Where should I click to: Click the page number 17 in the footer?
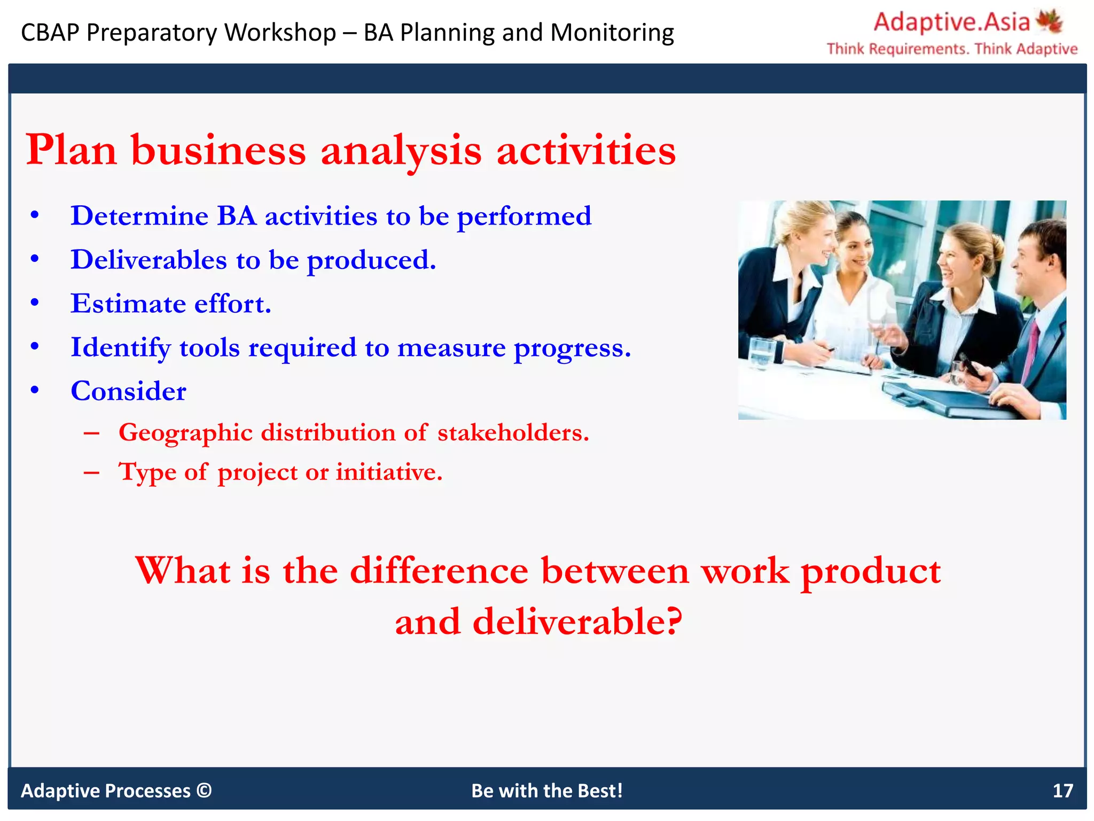pos(1062,791)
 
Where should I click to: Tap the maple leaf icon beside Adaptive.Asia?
pos(1049,21)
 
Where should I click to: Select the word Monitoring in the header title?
pos(612,33)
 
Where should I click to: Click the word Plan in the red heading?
pos(71,150)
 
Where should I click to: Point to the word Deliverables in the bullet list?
pos(149,260)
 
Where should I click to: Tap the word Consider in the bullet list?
pos(128,391)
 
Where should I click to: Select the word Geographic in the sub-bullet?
pos(185,433)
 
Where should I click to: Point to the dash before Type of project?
pos(91,473)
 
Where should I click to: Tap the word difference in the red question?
pos(439,571)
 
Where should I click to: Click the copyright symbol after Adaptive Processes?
pos(204,790)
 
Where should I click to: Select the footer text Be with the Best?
pos(546,791)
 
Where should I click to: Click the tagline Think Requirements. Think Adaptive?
pos(952,49)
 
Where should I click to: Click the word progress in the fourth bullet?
pos(572,348)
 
